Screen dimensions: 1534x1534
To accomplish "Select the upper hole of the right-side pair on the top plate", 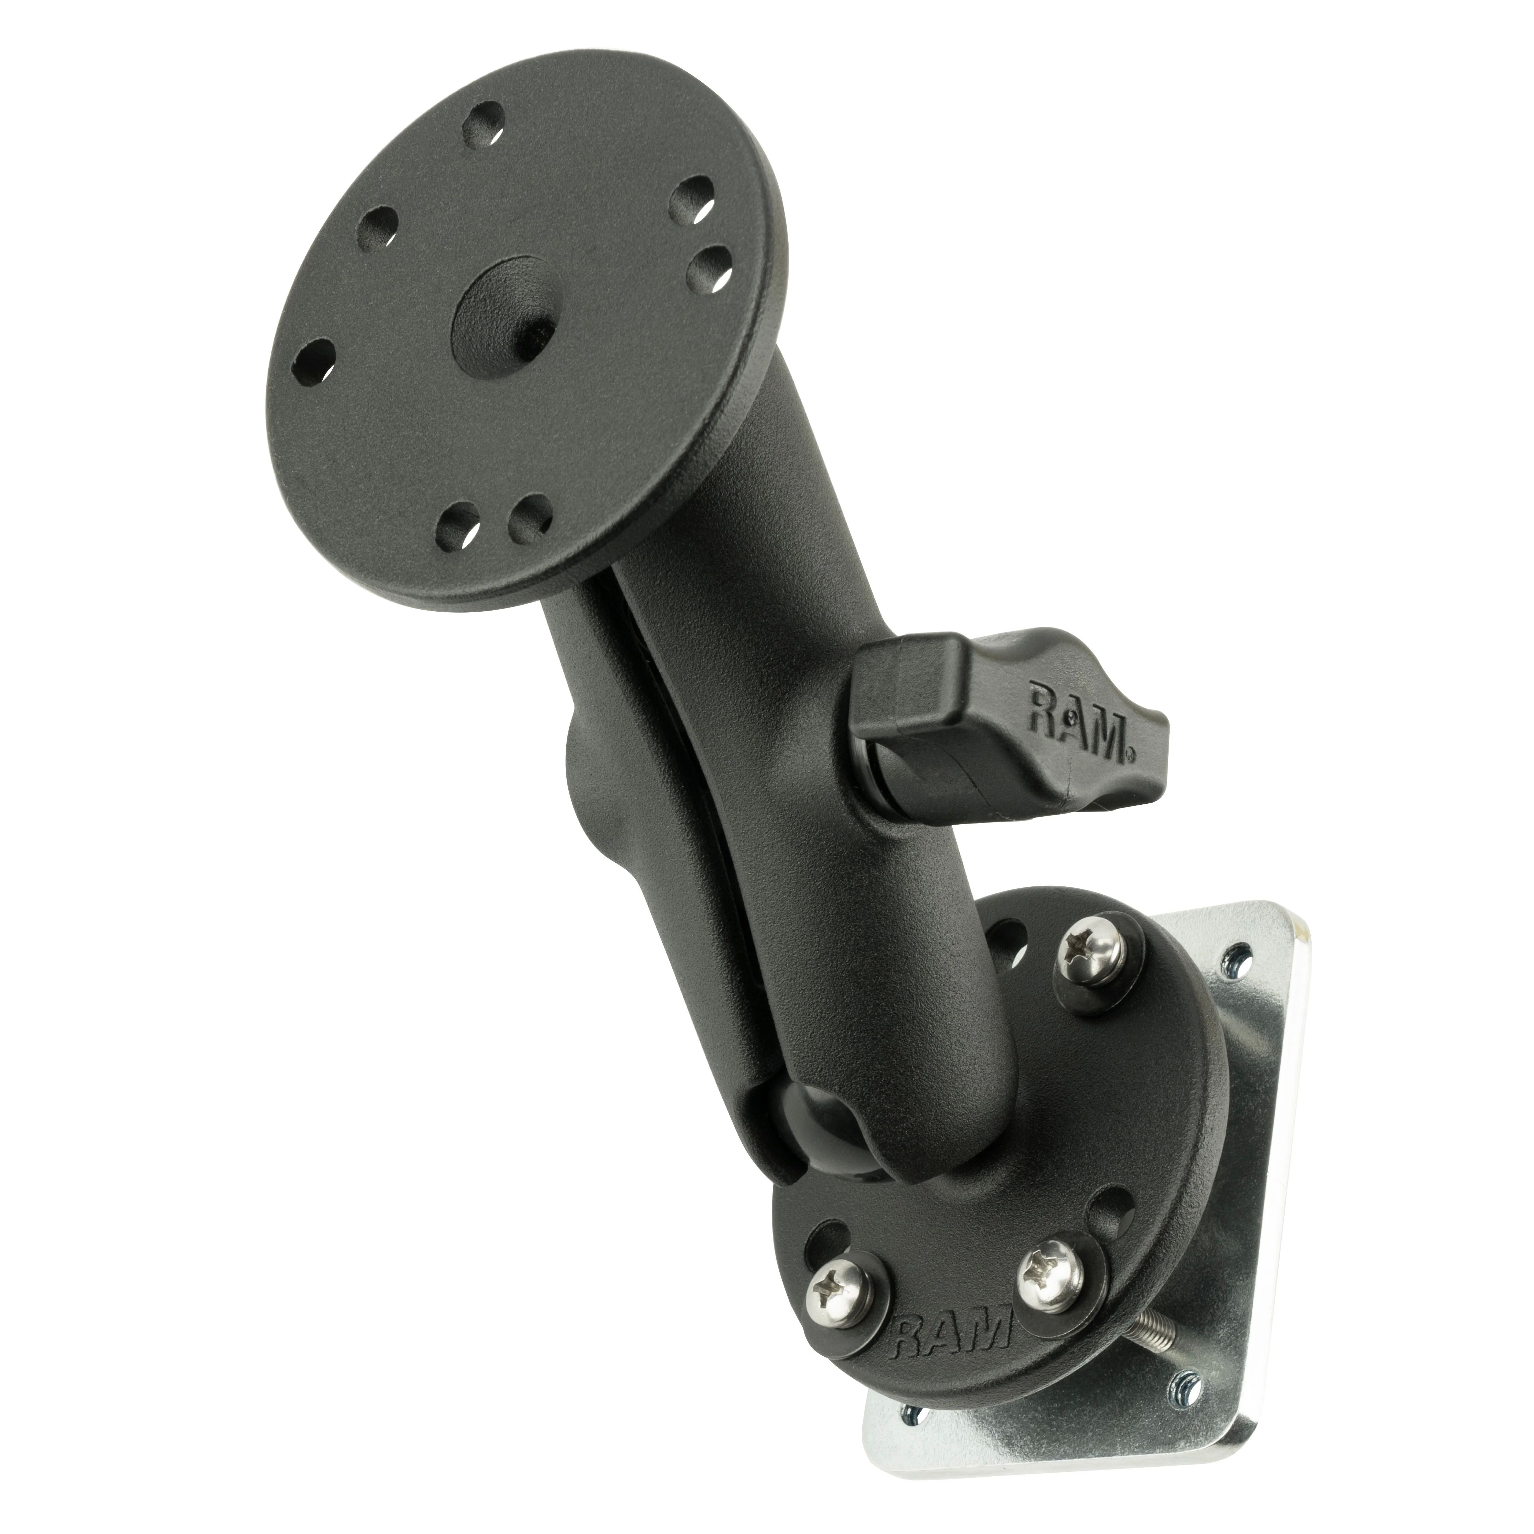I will coord(691,199).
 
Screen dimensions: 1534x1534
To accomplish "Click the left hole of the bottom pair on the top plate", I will coord(459,526).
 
